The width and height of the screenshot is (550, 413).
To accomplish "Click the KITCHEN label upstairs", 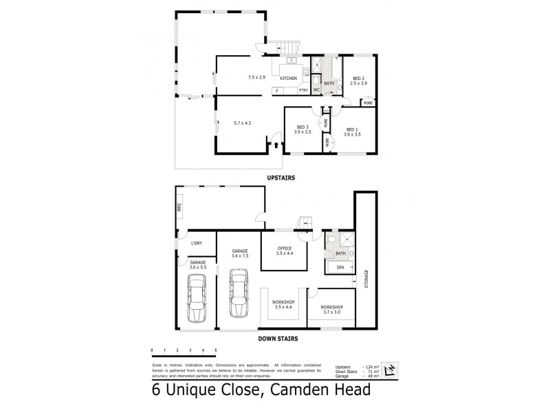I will (x=289, y=78).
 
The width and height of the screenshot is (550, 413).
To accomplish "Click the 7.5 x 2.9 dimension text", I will (x=256, y=77).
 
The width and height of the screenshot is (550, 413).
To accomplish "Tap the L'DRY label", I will (x=197, y=243).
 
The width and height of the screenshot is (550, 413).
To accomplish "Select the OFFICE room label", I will (x=285, y=248).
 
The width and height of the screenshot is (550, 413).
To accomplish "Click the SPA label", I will (x=339, y=267).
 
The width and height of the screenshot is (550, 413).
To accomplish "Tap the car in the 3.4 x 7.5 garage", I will (x=239, y=292).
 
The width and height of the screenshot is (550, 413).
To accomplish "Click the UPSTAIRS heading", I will (x=280, y=178).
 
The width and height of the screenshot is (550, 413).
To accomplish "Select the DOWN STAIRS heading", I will (x=277, y=339).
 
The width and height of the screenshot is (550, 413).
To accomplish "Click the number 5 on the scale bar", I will (x=216, y=350).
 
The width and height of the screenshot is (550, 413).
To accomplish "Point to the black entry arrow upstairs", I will (x=276, y=145).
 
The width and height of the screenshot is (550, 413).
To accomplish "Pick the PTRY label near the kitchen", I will (x=302, y=89).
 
